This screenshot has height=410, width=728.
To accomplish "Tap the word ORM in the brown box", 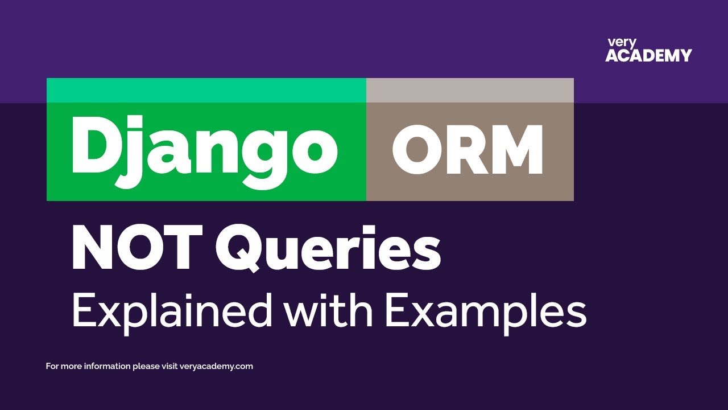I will [468, 149].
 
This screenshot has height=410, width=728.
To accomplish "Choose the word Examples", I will [485, 312].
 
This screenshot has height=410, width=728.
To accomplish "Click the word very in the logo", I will [622, 43].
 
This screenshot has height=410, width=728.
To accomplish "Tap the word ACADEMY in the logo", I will [648, 56].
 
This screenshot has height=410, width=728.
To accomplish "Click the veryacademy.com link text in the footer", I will [216, 366].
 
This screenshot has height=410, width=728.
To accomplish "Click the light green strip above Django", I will [206, 90].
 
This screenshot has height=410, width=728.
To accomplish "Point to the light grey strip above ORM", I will [470, 90].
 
